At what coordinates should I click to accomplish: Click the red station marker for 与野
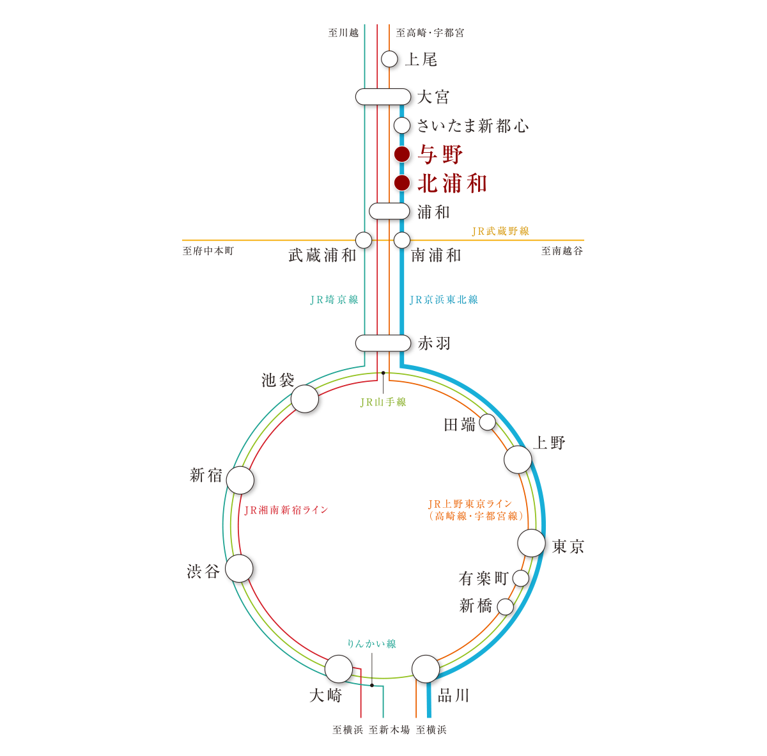coord(401,154)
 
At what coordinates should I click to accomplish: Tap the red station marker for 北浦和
coord(401,183)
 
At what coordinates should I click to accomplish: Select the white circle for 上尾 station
coord(389,59)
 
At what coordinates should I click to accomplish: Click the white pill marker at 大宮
coord(383,97)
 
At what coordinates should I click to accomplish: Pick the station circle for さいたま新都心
coord(401,125)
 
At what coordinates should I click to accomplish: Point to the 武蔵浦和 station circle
coord(364,240)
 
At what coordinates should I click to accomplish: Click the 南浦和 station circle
coord(401,240)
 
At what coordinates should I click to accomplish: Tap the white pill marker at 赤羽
coord(383,343)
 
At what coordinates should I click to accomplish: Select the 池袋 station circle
coord(305,399)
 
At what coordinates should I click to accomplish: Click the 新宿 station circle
coord(240,480)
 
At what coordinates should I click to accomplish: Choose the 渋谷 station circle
coord(240,569)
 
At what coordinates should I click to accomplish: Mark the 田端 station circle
coord(487,422)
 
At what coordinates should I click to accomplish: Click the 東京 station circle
coord(531,543)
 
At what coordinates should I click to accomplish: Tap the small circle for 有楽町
coord(521,578)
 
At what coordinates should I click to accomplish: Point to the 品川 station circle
coord(426,669)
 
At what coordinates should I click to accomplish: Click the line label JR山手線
coord(383,402)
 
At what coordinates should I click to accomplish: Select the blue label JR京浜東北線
coord(444,299)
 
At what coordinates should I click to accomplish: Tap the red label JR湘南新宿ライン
coord(286,510)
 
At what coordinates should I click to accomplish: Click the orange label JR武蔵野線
coord(500,231)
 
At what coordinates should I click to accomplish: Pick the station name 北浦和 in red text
coord(452,184)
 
